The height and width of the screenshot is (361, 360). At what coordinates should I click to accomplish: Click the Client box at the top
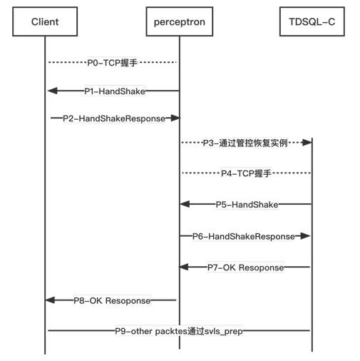45,22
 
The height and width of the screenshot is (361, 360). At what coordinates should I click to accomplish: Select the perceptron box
179,22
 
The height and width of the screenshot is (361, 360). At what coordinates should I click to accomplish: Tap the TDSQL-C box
312,22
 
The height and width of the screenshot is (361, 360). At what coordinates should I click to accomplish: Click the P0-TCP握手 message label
112,63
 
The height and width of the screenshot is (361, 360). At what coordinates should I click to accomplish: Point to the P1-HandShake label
115,91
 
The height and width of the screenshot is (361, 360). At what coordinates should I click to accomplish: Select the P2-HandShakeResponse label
114,118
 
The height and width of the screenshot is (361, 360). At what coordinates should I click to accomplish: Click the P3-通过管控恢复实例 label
245,143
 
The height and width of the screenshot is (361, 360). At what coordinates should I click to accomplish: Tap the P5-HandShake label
247,205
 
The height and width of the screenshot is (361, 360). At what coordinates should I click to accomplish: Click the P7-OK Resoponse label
245,268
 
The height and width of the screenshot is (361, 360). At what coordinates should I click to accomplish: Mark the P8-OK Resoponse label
112,300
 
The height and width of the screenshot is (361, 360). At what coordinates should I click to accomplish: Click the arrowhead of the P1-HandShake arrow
51,91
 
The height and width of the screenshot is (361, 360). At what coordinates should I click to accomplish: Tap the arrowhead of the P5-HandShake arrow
185,205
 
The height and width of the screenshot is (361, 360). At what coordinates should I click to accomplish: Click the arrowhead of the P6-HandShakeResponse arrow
306,236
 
